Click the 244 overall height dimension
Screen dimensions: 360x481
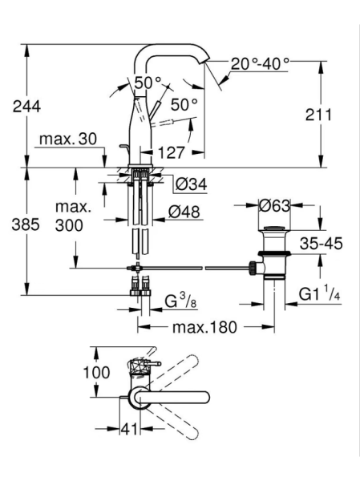pyautogui.click(x=26, y=107)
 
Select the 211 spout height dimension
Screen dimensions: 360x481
pyautogui.click(x=318, y=115)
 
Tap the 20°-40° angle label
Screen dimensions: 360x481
pyautogui.click(x=260, y=64)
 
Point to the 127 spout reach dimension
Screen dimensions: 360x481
pyautogui.click(x=172, y=152)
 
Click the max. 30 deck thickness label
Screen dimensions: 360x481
pyautogui.click(x=68, y=139)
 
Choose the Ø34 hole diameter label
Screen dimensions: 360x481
pyautogui.click(x=191, y=184)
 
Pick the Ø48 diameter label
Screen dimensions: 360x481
pyautogui.click(x=184, y=212)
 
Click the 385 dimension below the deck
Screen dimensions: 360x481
pyautogui.click(x=26, y=224)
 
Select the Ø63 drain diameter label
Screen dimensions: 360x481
pyautogui.click(x=274, y=205)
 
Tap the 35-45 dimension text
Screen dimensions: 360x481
pyautogui.click(x=321, y=244)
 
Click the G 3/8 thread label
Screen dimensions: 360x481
pyautogui.click(x=180, y=301)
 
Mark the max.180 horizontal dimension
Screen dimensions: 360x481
pyautogui.click(x=204, y=327)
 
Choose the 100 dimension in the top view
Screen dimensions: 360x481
pyautogui.click(x=96, y=373)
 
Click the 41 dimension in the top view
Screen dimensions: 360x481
pyautogui.click(x=129, y=429)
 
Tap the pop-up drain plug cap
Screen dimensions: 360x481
pyautogui.click(x=274, y=228)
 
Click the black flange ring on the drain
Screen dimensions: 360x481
pyautogui.click(x=274, y=253)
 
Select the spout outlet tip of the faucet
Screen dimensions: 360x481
pyautogui.click(x=204, y=61)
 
